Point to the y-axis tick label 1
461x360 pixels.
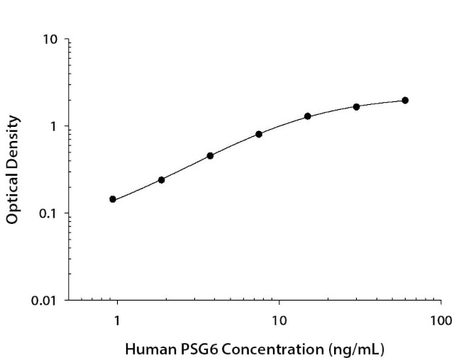tap(55, 127)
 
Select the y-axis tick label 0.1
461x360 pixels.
tap(50, 214)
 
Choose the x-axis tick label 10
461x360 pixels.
tap(279, 320)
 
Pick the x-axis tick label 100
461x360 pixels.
tap(440, 320)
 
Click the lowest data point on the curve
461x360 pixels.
tap(113, 199)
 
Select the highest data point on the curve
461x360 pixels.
tap(405, 101)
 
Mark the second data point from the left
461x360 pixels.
tap(162, 180)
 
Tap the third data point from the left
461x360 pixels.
tap(210, 155)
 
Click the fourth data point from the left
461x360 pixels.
tap(259, 134)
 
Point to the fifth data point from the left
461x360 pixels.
tap(308, 116)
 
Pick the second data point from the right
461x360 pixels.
tap(357, 107)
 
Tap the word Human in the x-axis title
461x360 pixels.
tap(147, 349)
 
